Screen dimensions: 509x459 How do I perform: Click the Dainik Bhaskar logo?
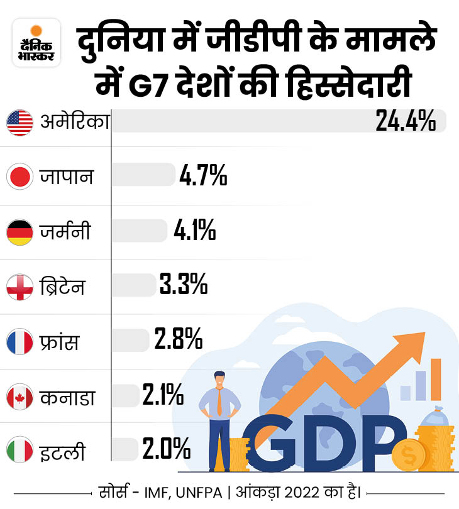pos(36,43)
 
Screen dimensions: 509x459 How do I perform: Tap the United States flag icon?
pos(19,122)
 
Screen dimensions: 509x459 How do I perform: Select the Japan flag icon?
pos(19,177)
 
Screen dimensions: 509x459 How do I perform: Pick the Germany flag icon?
pos(19,233)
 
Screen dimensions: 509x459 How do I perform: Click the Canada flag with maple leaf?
pos(19,398)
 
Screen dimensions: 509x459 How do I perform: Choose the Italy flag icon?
pos(19,451)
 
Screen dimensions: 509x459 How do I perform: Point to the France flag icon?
pos(19,342)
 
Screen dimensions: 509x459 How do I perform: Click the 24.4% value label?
pos(406,121)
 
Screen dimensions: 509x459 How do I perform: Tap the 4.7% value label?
pos(202,176)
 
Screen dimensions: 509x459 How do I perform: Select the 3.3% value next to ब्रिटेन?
pos(183,286)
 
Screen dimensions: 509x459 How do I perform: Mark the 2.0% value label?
pos(166,450)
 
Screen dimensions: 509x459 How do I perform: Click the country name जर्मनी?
pos(65,233)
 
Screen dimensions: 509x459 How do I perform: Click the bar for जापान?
pos(143,175)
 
